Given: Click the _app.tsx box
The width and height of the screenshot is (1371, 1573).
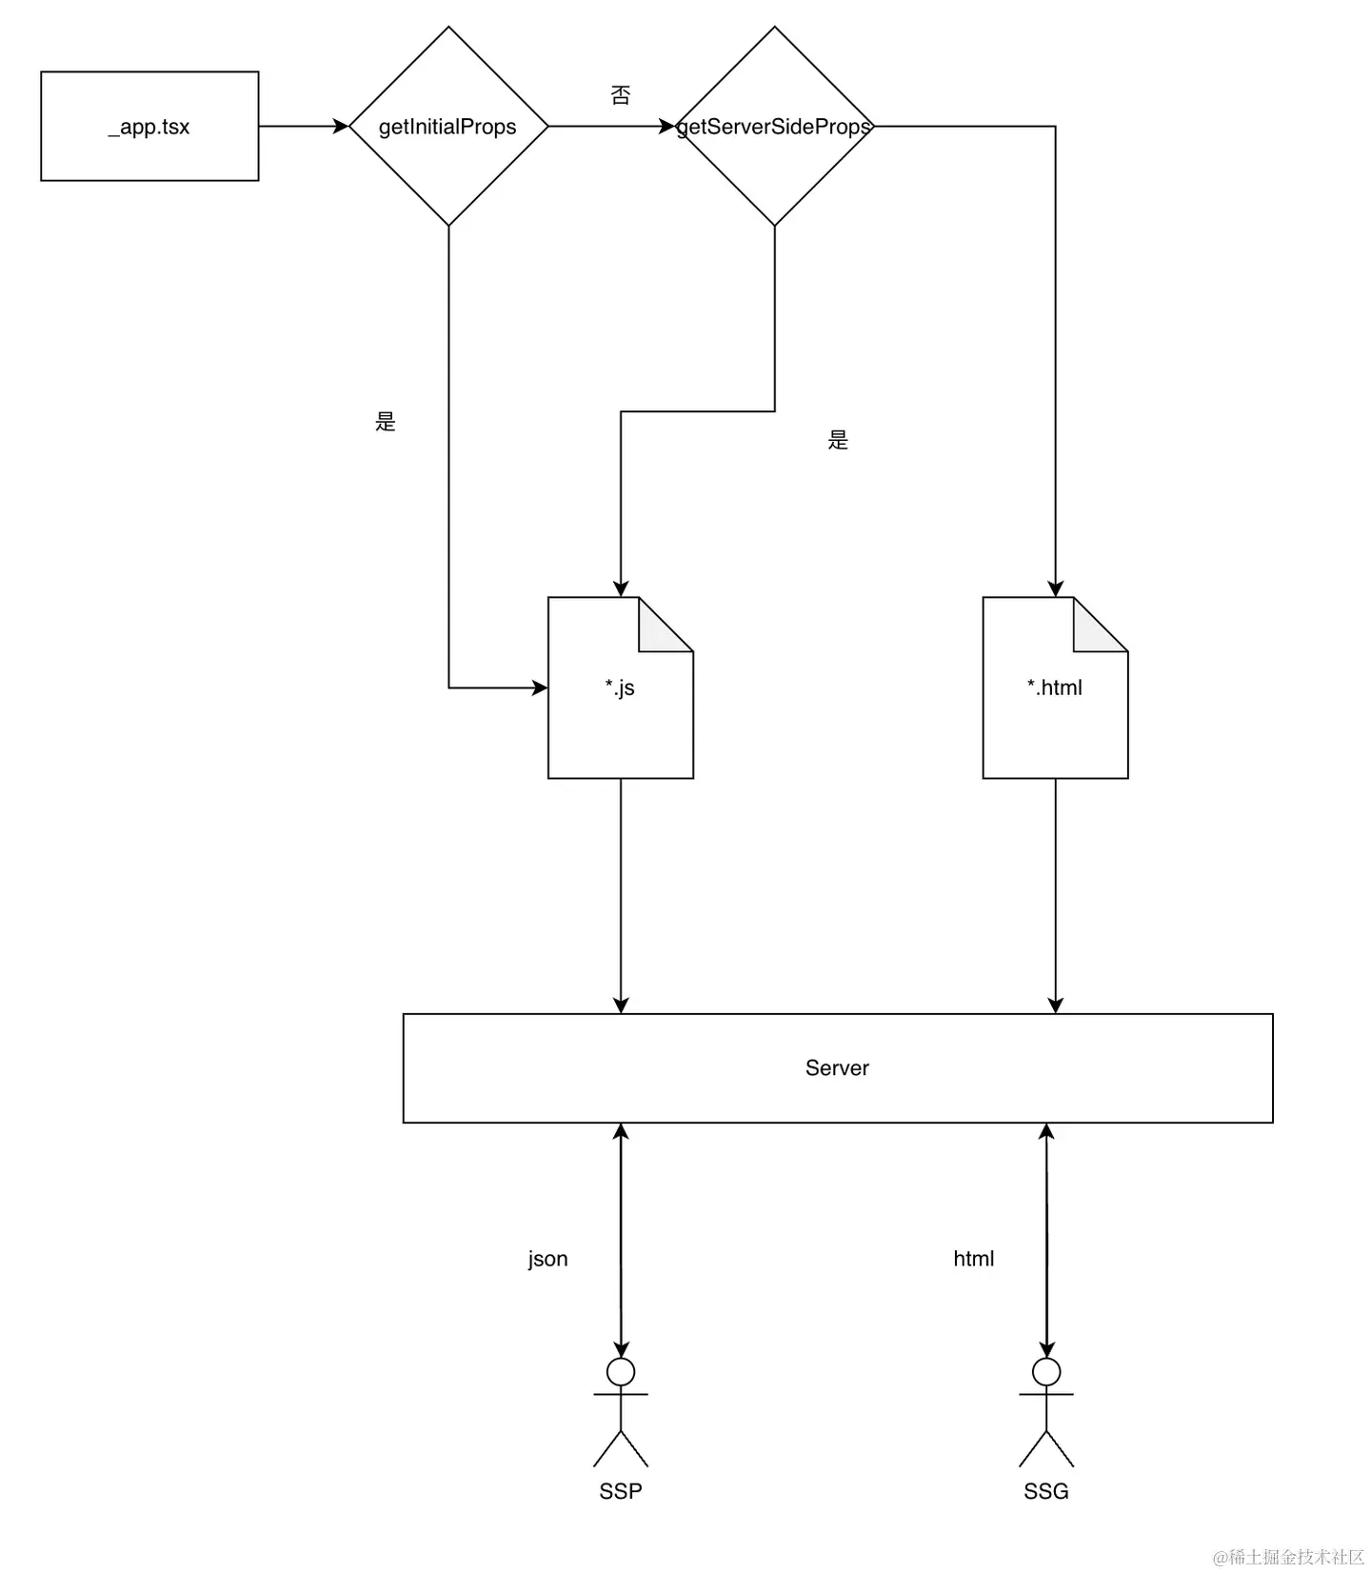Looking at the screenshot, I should pyautogui.click(x=149, y=126).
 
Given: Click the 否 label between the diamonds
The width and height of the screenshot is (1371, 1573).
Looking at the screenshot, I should pyautogui.click(x=620, y=95).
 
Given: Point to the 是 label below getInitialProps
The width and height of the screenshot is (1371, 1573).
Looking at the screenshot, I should pyautogui.click(x=386, y=422).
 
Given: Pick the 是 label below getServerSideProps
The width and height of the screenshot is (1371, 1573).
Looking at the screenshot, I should pyautogui.click(x=838, y=440).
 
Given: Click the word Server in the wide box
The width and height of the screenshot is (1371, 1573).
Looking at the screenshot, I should pyautogui.click(x=837, y=1068).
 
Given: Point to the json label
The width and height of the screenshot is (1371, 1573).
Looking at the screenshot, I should pyautogui.click(x=547, y=1259).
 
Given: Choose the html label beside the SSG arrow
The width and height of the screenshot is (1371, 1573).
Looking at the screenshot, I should pyautogui.click(x=973, y=1259).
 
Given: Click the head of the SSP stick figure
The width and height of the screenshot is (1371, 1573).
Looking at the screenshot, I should pyautogui.click(x=621, y=1372).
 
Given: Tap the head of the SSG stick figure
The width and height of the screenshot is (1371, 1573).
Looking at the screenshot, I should pyautogui.click(x=1046, y=1372).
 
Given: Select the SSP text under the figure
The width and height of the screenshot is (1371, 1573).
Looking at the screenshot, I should pyautogui.click(x=621, y=1491).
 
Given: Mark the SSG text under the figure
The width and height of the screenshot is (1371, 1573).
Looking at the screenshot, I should pyautogui.click(x=1046, y=1491).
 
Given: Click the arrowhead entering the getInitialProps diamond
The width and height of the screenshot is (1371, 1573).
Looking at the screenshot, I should pyautogui.click(x=341, y=126).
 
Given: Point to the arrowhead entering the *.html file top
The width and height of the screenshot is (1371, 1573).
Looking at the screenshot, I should pyautogui.click(x=1055, y=588).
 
